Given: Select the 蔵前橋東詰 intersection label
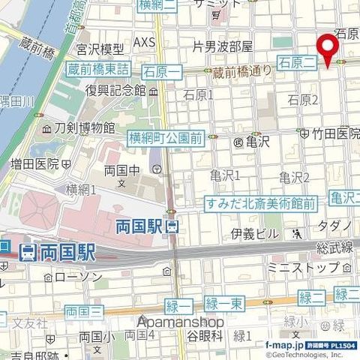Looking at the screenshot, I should coord(98,69).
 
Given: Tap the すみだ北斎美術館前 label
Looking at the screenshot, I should coord(260,202).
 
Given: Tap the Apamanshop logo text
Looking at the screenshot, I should coord(180,322).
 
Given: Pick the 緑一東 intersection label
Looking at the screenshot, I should coord(223,303).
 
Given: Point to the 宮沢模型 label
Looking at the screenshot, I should coord(99,49).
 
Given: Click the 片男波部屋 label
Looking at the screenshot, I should coord(222,46).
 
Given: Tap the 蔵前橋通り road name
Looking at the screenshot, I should coord(241,72).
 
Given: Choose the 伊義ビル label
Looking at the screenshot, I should coord(254,233).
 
